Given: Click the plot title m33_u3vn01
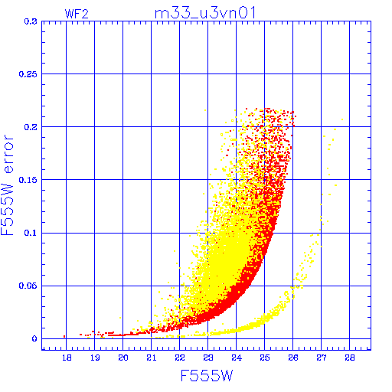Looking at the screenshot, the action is point(205,13).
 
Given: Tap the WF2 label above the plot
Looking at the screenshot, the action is point(77,14).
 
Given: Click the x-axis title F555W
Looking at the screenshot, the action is point(207,376).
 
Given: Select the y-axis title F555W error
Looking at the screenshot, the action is point(7,185).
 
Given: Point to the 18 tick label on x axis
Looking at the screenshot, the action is point(67,358).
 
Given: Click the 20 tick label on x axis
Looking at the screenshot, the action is point(123,358).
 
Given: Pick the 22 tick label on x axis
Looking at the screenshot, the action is point(180,358).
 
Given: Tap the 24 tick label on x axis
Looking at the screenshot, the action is point(237,358).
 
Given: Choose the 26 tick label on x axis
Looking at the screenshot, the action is point(293,358).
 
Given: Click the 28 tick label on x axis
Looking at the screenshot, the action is point(350,358).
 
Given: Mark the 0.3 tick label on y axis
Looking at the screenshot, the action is point(31,21).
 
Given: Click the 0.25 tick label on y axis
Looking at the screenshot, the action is point(28,74).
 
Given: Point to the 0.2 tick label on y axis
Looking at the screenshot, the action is point(31,127).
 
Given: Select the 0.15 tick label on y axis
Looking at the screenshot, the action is point(28,180).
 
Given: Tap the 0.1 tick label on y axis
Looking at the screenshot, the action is point(31,233).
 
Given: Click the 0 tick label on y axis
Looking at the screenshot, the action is point(34,338).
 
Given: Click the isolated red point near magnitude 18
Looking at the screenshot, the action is point(64,336).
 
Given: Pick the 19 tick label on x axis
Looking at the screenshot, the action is point(95,358).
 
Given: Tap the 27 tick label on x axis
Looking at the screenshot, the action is point(322,358).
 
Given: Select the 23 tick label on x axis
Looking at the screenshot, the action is point(208,358).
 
